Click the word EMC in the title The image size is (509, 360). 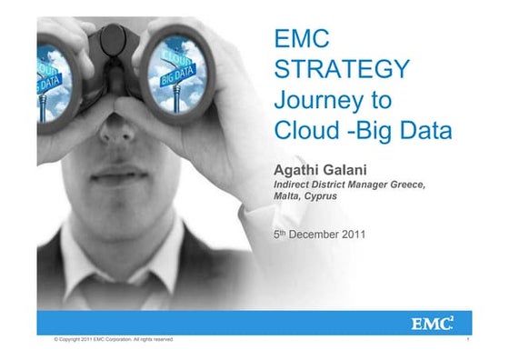tap(301, 39)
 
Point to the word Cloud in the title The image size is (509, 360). tap(307, 133)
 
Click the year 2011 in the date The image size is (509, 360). tap(354, 235)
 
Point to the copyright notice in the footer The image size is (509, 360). tap(114, 339)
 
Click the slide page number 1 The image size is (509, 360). tap(465, 339)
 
